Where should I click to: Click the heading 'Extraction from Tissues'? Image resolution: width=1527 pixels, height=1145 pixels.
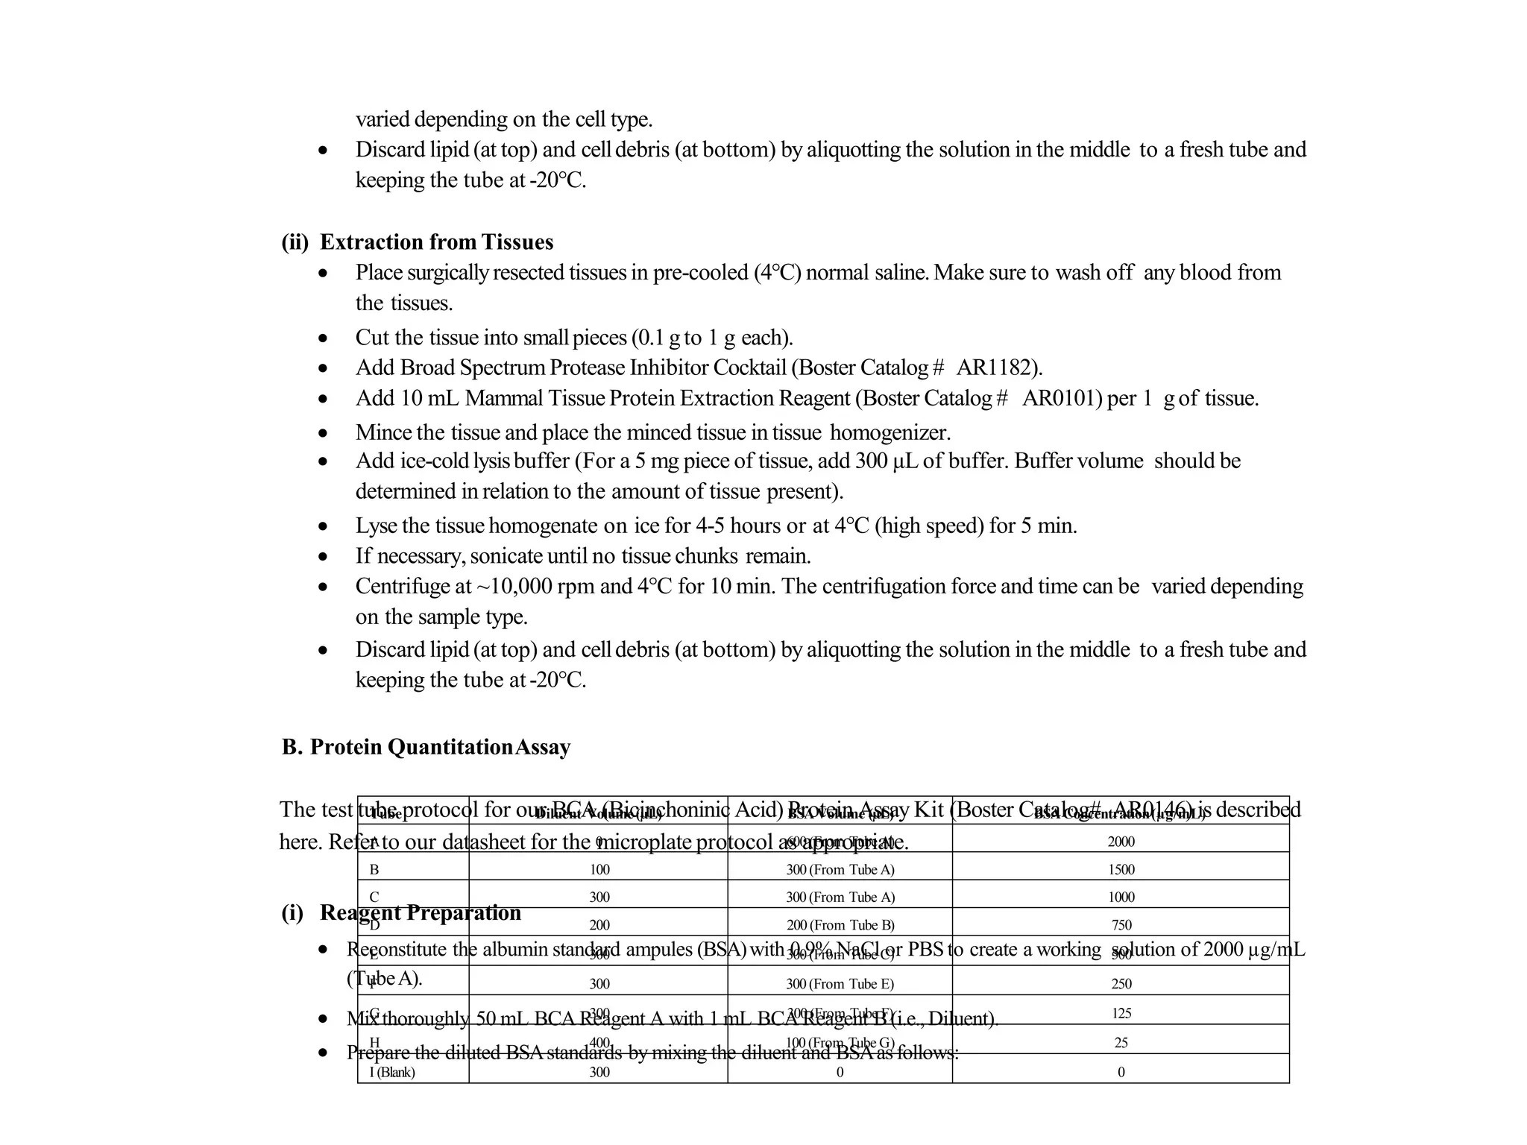click(436, 242)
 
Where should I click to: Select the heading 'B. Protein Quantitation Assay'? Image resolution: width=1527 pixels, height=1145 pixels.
click(426, 747)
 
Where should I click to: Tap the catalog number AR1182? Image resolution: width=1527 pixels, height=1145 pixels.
click(996, 368)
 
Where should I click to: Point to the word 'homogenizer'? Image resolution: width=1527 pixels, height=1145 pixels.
click(890, 432)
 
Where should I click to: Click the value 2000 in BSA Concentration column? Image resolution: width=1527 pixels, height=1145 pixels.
click(1121, 842)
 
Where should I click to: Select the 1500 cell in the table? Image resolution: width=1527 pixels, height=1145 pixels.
click(1121, 869)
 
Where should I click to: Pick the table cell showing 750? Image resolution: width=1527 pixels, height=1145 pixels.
click(1121, 925)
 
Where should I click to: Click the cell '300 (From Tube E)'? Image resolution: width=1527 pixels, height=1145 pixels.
click(840, 984)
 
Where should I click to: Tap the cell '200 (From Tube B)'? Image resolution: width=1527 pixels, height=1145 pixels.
click(840, 925)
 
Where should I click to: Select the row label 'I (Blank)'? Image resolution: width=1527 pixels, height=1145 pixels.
click(392, 1072)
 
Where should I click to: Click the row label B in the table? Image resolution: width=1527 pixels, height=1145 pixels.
click(374, 869)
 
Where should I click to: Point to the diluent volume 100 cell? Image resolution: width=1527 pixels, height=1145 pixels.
click(599, 869)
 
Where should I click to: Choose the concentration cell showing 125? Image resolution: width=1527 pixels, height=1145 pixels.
click(1121, 1013)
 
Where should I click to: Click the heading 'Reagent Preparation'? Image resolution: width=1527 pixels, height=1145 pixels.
click(420, 913)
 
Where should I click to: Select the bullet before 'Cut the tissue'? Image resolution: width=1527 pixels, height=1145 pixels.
click(322, 338)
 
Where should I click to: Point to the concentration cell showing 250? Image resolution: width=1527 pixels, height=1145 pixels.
click(1121, 984)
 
